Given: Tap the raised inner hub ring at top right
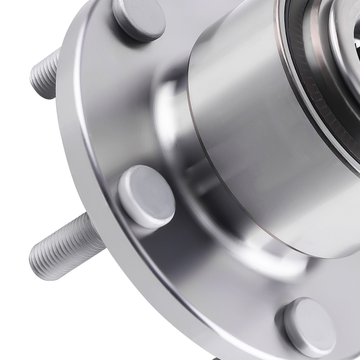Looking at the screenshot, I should [x=346, y=29].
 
